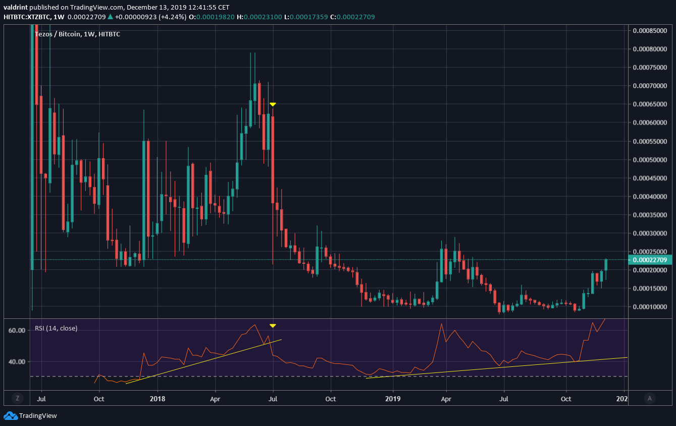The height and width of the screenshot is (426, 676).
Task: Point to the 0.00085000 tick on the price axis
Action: [x=652, y=31]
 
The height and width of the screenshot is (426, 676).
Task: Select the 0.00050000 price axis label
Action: [x=652, y=160]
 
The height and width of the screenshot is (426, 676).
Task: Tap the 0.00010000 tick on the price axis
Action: [x=652, y=307]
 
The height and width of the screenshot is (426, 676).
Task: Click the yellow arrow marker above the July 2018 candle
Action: [x=273, y=104]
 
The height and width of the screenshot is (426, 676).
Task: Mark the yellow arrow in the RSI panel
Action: [x=273, y=326]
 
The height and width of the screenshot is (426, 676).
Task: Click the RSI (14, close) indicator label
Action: [x=56, y=328]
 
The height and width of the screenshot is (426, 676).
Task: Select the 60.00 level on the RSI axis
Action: [x=17, y=330]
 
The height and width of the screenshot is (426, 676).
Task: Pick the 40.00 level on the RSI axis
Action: [x=17, y=362]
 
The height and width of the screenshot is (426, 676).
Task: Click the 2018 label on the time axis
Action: [x=158, y=399]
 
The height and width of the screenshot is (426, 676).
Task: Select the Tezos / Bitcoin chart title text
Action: [x=77, y=34]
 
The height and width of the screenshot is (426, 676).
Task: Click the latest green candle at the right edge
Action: [x=606, y=264]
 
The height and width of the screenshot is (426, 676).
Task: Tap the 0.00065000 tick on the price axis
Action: [x=652, y=104]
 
